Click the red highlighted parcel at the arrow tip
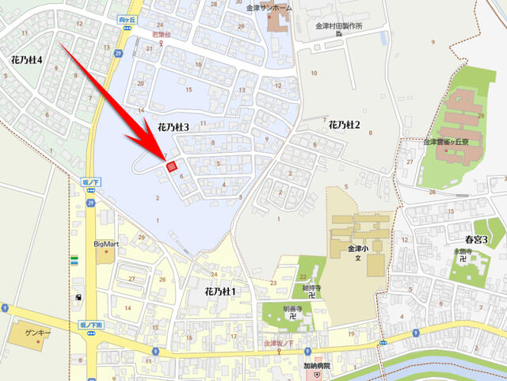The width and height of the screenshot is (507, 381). click(x=171, y=166)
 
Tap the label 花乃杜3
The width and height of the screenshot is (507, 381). click(x=173, y=127)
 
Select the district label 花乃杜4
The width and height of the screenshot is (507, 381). click(x=27, y=59)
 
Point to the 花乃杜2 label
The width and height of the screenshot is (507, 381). click(x=344, y=125)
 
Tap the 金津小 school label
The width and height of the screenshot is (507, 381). click(x=357, y=248)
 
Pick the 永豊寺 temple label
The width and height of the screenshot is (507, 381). click(x=463, y=252)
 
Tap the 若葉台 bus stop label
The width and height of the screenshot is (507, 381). click(x=161, y=35)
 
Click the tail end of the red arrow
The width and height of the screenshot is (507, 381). click(x=63, y=44)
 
